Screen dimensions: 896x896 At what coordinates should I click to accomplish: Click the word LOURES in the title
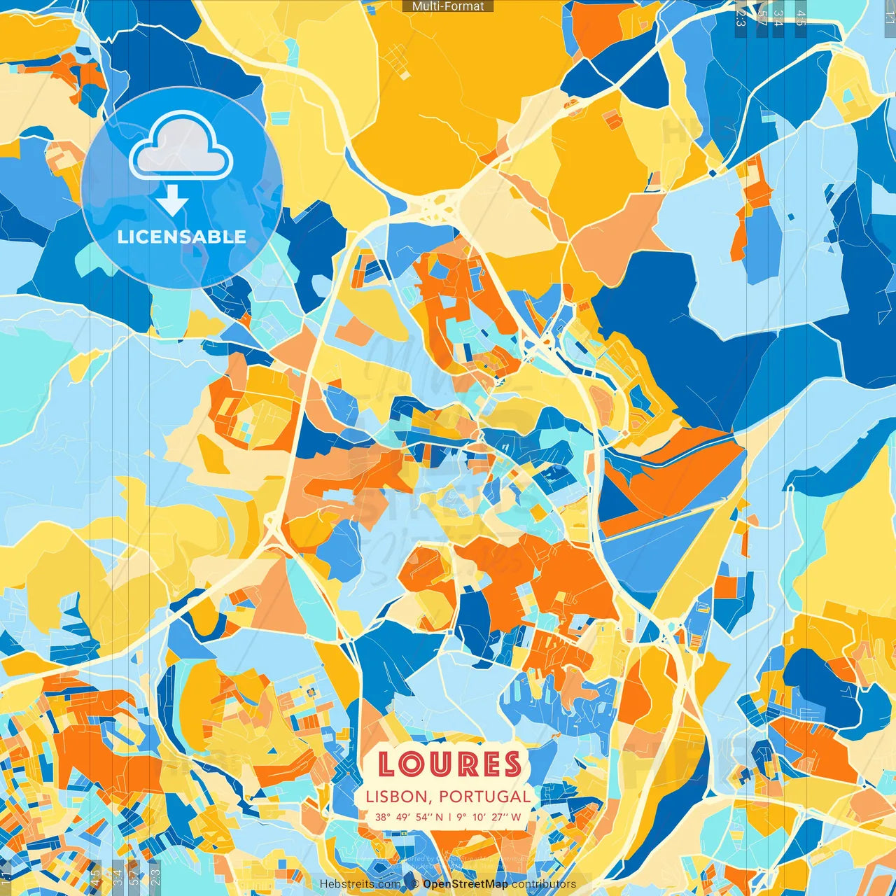click(449, 764)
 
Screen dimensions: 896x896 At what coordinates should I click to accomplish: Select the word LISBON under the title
click(396, 797)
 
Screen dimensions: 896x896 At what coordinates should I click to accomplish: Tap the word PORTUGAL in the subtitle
click(485, 797)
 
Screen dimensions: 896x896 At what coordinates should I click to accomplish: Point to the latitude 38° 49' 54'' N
click(409, 817)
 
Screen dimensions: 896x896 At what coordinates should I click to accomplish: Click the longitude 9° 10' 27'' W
click(489, 817)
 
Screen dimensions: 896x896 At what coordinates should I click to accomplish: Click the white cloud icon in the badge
click(181, 145)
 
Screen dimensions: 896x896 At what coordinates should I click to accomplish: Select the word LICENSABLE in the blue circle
click(182, 237)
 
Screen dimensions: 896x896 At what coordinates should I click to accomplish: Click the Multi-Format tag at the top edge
click(448, 6)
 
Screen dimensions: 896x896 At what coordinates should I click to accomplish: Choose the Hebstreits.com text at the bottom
click(360, 884)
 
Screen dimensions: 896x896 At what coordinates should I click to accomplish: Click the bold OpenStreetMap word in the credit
click(465, 884)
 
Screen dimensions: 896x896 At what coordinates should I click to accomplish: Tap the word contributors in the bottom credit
click(544, 884)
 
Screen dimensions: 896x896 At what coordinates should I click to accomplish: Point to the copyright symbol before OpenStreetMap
click(415, 884)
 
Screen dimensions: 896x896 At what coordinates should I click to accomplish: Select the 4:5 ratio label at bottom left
click(95, 875)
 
